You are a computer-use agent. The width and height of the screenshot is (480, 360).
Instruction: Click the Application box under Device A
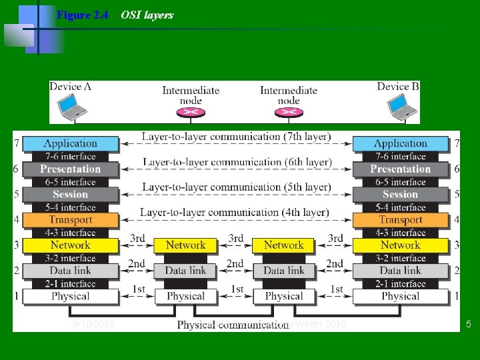click(x=70, y=143)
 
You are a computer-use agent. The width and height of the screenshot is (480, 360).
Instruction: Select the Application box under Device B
click(x=400, y=143)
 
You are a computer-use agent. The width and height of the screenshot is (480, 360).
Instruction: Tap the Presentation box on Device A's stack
click(x=70, y=169)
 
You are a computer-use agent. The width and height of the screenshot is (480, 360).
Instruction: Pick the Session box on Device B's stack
click(x=400, y=195)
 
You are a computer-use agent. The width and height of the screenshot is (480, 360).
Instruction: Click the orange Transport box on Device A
click(x=70, y=220)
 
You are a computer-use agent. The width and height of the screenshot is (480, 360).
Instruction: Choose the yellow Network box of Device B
click(x=400, y=245)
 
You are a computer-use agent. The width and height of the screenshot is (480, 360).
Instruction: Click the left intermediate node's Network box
click(x=185, y=245)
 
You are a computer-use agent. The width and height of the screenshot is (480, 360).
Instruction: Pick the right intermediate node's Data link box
click(x=284, y=271)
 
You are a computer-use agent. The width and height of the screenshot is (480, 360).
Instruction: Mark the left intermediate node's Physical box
click(x=185, y=296)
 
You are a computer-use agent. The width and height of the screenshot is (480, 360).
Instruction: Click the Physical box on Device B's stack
click(x=400, y=296)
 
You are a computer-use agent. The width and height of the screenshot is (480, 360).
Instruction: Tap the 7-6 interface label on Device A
click(x=70, y=157)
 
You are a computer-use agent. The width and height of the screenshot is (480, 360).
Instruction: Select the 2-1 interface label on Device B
click(x=400, y=283)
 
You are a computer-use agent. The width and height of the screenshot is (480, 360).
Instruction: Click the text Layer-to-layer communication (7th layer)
click(x=236, y=137)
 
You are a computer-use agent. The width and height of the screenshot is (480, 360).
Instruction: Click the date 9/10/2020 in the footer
click(x=93, y=325)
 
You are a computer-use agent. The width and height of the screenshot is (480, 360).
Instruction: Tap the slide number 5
click(x=469, y=325)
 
